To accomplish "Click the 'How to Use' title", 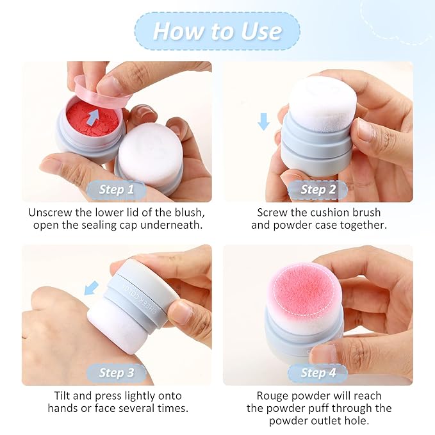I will point(217,31).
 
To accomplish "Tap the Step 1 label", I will point(116,190).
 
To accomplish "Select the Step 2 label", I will point(318,190).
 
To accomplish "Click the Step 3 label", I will point(116,373).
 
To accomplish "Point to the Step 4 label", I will point(318,373).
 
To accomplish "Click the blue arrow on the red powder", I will point(94,116).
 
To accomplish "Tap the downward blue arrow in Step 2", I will point(263,120).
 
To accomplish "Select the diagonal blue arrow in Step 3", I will point(92,288).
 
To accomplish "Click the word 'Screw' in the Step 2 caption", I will point(274,213).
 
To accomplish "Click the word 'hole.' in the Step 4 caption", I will point(357,421).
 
